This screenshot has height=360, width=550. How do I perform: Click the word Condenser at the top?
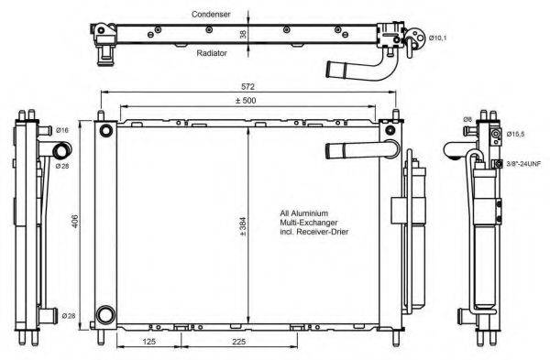(212, 15)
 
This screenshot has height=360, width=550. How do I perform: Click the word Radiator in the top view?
(212, 53)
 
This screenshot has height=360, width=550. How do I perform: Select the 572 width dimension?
(249, 87)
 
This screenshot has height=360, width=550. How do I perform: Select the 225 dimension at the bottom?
(237, 344)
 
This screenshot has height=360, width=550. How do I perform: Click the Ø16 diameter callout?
(62, 131)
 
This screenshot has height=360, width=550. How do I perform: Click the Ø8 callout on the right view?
(467, 119)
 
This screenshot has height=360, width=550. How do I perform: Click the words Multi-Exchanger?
(306, 223)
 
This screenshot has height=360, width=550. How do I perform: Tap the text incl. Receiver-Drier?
(314, 233)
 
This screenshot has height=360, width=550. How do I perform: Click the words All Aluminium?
(304, 213)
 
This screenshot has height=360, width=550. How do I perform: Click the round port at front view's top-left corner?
(105, 128)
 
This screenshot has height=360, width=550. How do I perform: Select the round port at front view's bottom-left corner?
(105, 313)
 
